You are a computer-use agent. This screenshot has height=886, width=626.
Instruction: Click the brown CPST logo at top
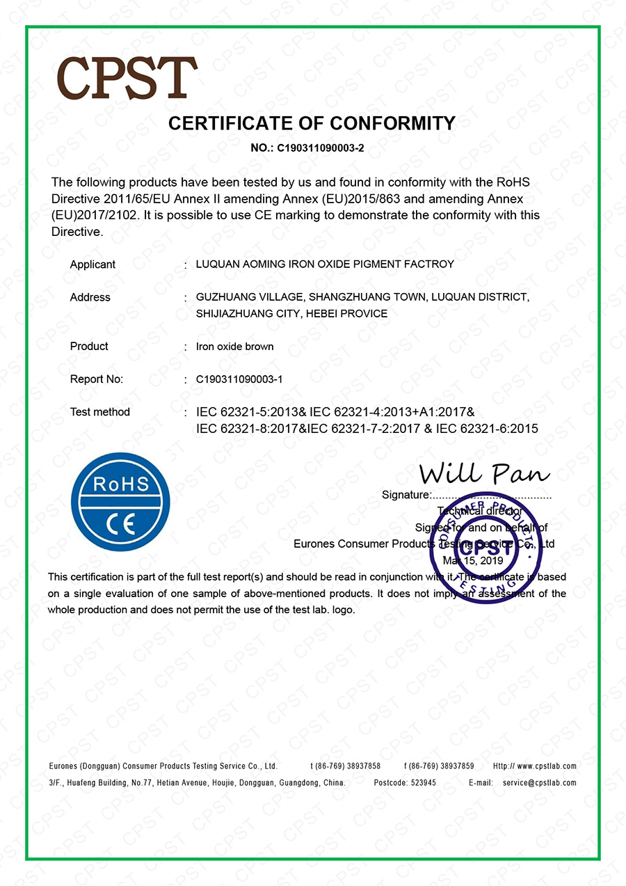pyautogui.click(x=127, y=77)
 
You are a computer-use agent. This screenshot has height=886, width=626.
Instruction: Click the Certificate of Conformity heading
pyautogui.click(x=312, y=123)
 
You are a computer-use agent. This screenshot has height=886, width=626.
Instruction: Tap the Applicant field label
pyautogui.click(x=93, y=264)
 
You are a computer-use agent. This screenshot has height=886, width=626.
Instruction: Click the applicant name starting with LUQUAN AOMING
pyautogui.click(x=325, y=264)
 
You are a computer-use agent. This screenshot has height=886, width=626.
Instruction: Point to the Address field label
pyautogui.click(x=90, y=297)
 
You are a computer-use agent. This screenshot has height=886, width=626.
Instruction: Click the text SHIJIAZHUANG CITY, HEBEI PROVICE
pyautogui.click(x=291, y=314)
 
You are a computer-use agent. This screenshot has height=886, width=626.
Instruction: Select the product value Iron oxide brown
pyautogui.click(x=235, y=347)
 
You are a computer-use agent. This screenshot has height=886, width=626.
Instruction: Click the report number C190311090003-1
pyautogui.click(x=239, y=379)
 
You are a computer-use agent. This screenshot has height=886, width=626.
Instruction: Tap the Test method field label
pyautogui.click(x=99, y=412)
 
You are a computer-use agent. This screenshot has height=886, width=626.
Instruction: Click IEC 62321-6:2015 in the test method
pyautogui.click(x=487, y=429)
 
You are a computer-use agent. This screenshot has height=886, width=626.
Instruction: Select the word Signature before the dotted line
pyautogui.click(x=406, y=496)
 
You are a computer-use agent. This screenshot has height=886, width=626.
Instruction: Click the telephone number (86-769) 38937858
pyautogui.click(x=346, y=766)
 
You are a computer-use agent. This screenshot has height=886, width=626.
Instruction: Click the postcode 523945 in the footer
pyautogui.click(x=423, y=783)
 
